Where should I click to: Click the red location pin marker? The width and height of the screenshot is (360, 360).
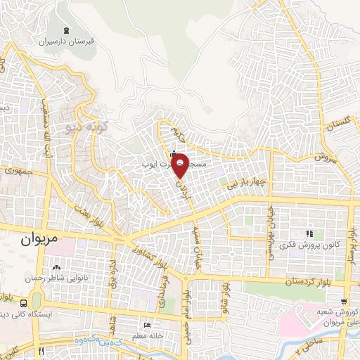[x=180, y=165]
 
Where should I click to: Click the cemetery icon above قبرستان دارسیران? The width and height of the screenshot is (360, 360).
[x=66, y=30]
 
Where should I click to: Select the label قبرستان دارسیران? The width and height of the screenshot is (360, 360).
[x=67, y=41]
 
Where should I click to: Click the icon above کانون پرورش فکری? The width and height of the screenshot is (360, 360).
[x=308, y=233]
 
